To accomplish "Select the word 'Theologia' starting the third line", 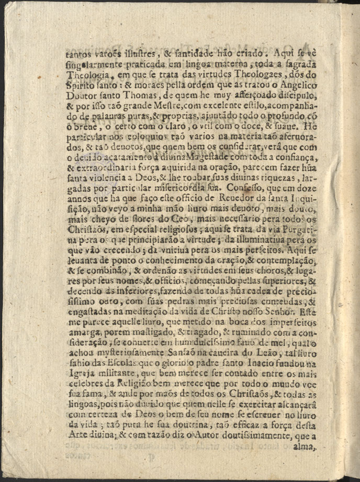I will coord(84,74).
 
